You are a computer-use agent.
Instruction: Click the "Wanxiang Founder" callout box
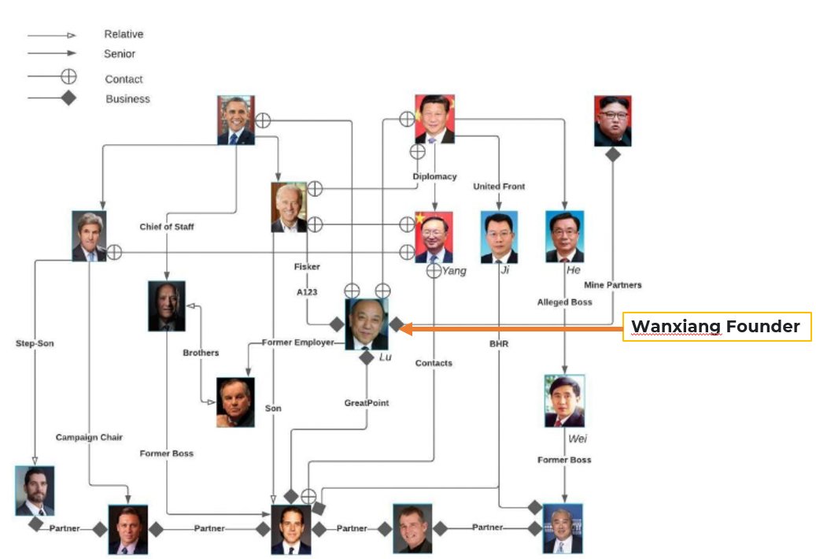point(716,327)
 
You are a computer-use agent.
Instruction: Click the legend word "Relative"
point(124,35)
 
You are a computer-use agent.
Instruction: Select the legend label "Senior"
point(120,54)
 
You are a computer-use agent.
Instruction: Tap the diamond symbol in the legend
point(69,98)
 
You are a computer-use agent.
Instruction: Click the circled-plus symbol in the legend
point(69,76)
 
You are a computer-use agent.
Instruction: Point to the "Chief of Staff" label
point(167,227)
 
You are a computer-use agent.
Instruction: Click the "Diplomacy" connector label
point(434,176)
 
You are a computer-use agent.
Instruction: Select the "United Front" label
point(499,187)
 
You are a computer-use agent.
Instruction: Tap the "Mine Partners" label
point(612,285)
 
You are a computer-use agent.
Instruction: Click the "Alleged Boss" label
point(564,302)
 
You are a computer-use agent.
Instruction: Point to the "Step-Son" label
point(35,343)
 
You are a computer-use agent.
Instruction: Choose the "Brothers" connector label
point(201,353)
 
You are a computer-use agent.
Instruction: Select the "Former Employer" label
point(297,342)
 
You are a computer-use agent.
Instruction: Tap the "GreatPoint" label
point(367,403)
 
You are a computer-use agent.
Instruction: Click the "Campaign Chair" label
point(89,437)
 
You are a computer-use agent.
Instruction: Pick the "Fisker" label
point(307,267)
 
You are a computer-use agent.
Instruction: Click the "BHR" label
point(499,343)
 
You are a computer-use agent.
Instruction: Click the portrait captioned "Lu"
point(367,324)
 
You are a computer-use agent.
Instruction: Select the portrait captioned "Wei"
point(564,401)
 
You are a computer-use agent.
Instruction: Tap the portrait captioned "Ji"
point(499,237)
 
